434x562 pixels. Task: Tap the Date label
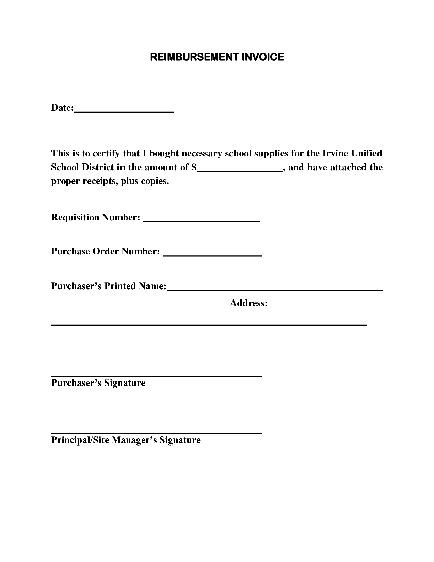pos(62,108)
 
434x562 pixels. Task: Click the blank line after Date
pos(124,111)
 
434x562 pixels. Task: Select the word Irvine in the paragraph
pos(335,153)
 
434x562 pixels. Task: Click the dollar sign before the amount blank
pos(194,167)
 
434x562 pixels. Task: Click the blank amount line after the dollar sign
pos(240,172)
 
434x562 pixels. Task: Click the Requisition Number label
pos(95,217)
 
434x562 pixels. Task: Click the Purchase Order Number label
pos(105,251)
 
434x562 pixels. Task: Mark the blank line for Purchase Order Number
pos(212,255)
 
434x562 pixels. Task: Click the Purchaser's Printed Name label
pos(109,286)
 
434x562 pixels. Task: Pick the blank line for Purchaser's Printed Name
pos(275,290)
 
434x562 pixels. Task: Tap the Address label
pos(248,303)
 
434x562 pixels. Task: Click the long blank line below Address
pos(209,325)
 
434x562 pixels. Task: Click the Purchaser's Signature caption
pos(98,383)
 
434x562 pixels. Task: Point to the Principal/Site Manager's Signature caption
pos(126,440)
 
